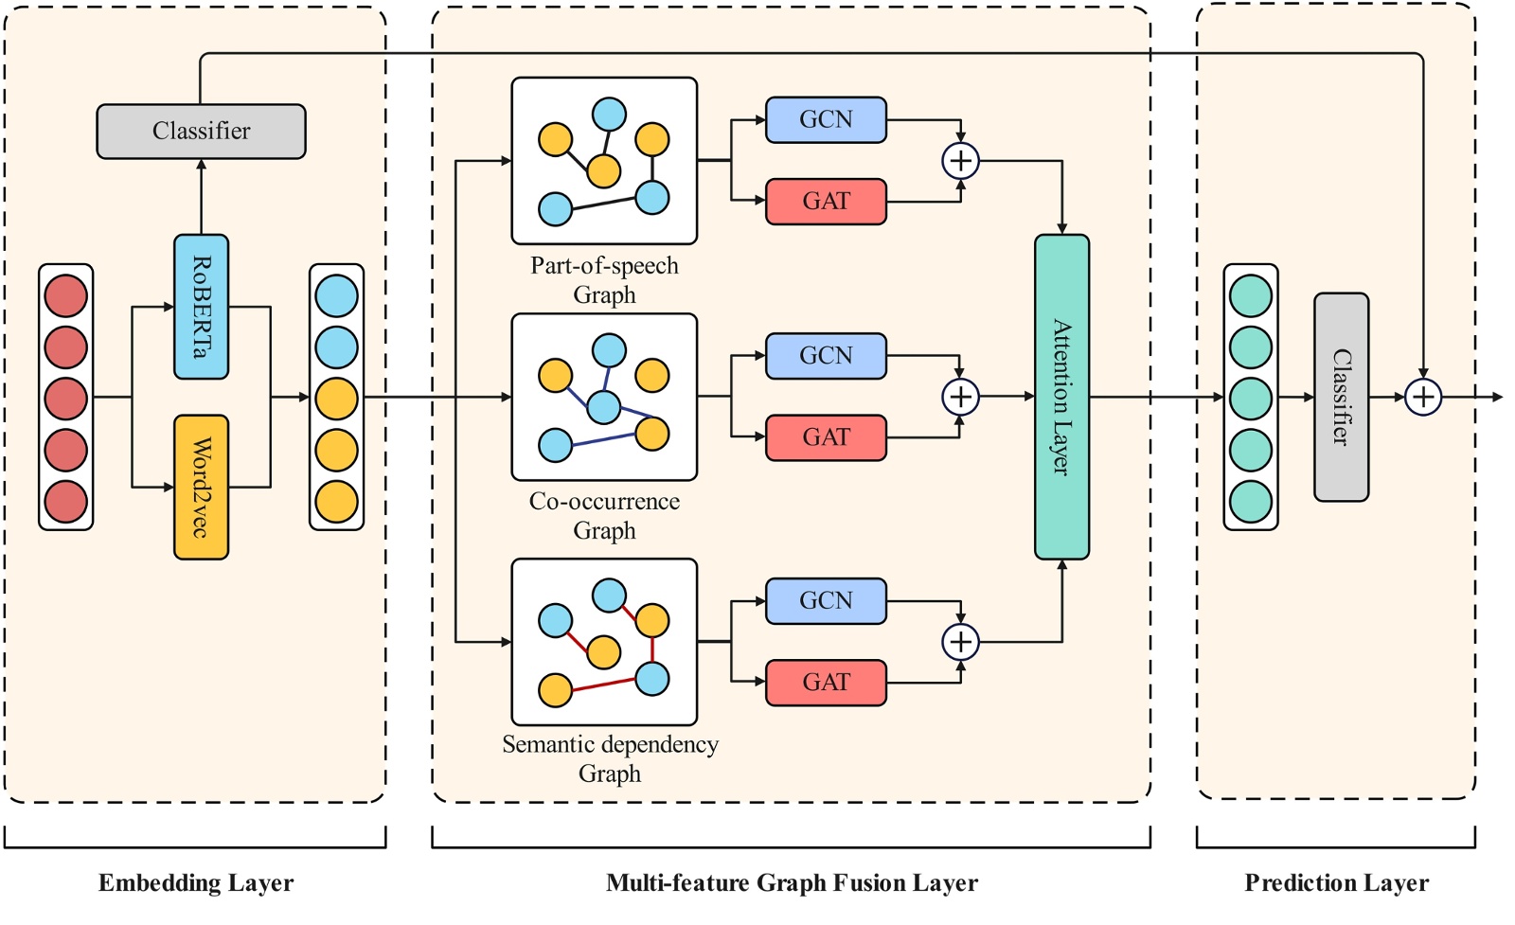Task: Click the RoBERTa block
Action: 201,307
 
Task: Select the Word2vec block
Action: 201,487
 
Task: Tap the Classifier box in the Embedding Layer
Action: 201,131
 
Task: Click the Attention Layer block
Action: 1061,397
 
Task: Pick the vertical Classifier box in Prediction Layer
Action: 1341,397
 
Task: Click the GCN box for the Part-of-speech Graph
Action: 826,119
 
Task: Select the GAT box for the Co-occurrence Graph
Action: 826,437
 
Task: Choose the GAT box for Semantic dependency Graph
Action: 826,683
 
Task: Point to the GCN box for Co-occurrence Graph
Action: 826,356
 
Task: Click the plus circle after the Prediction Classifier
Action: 1422,397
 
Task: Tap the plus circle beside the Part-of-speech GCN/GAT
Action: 960,161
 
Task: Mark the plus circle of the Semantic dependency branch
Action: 960,642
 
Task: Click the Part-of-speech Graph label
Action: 604,280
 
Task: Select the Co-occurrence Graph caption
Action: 604,516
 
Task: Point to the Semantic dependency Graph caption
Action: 610,758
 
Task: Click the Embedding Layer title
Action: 196,883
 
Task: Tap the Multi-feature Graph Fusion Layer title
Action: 792,883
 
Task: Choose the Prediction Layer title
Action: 1336,883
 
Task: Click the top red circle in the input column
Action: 65,295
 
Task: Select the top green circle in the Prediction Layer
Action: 1250,295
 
